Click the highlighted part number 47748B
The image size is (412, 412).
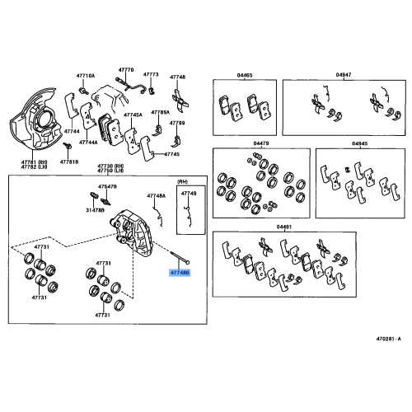point(180,273)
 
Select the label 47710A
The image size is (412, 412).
point(86,76)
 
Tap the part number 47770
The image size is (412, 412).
point(126,70)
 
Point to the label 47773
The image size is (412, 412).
point(151,74)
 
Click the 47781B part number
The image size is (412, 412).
point(69,162)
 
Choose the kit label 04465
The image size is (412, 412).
point(245,75)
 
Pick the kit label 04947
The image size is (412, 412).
point(344,75)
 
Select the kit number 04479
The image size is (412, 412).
point(261,143)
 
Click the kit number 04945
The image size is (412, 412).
point(360,143)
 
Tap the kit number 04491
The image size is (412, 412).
point(284,227)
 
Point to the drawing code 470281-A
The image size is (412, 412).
point(388,339)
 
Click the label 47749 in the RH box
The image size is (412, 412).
point(189,194)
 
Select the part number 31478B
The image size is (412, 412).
point(95,211)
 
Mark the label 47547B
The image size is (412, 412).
point(107,187)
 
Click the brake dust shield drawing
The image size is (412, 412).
point(35,119)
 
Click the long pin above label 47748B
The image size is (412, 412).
point(180,258)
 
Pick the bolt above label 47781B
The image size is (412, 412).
point(68,146)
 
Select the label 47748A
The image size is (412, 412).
point(157,196)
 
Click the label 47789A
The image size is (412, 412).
point(161,112)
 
